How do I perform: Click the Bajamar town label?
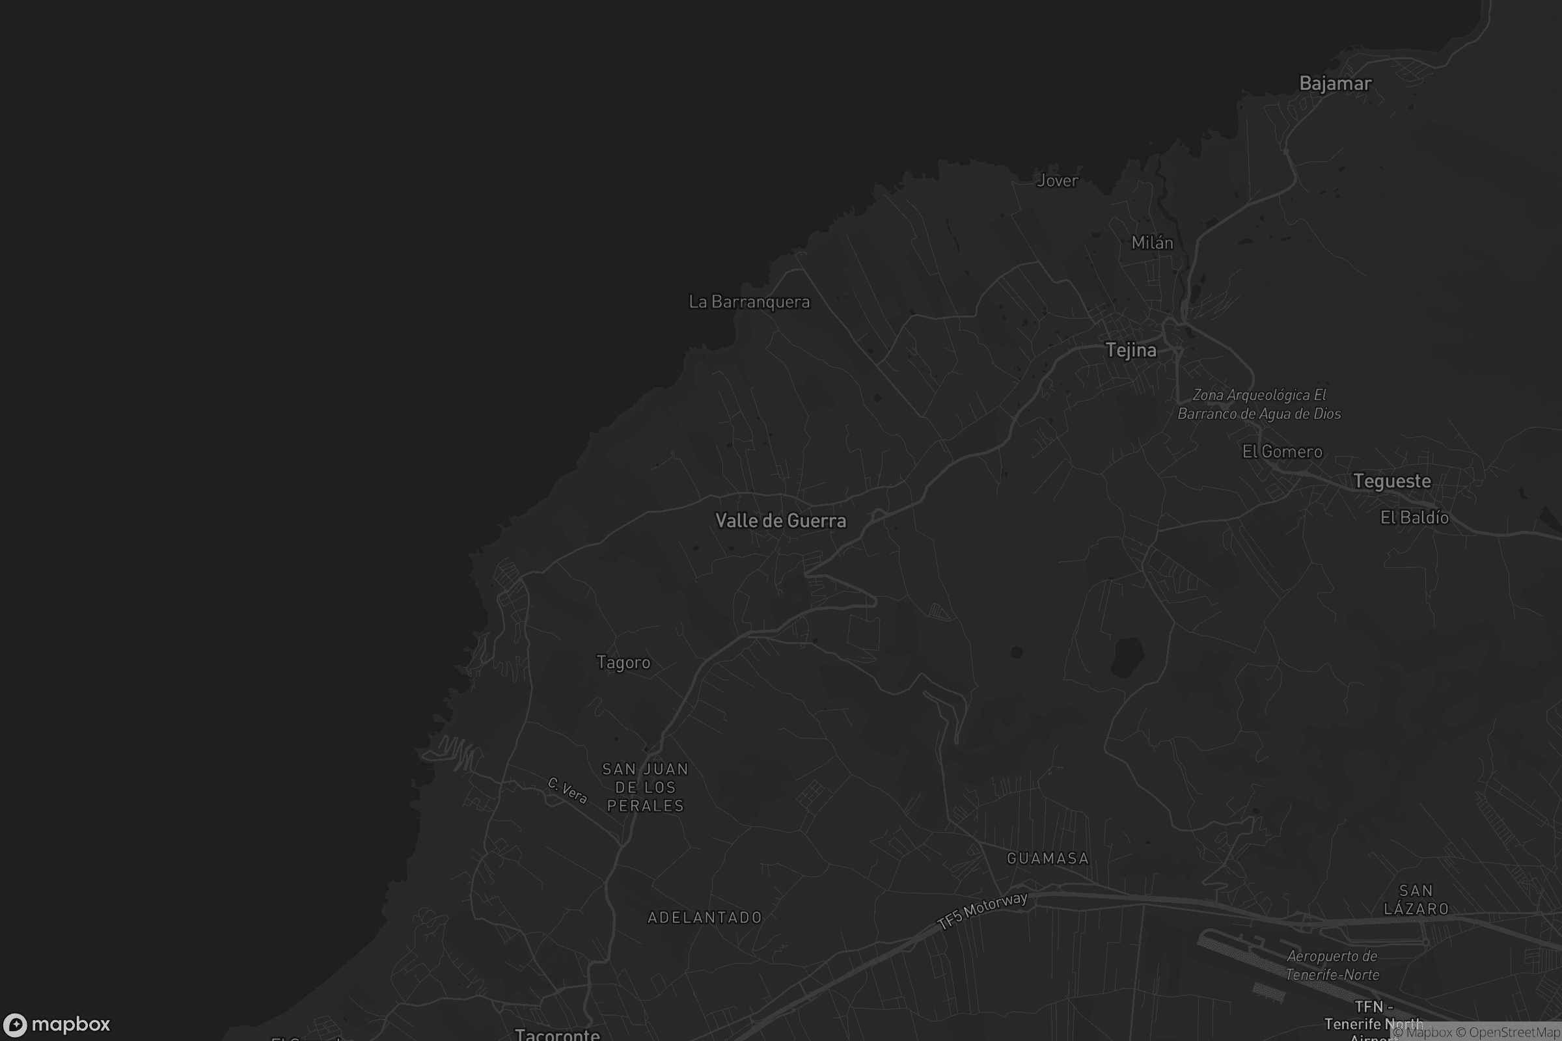tap(1335, 84)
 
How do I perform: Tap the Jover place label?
tap(1057, 181)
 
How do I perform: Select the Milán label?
tap(1152, 243)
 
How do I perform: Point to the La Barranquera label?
tap(749, 302)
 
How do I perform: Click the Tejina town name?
tap(1131, 350)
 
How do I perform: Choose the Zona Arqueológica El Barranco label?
tap(1259, 404)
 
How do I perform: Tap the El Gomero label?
tap(1281, 452)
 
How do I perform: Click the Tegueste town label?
tap(1392, 481)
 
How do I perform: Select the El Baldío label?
tap(1414, 517)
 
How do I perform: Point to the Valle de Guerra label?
tap(780, 520)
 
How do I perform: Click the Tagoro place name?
tap(623, 662)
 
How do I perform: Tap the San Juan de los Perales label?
tap(645, 787)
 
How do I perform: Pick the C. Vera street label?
tap(568, 790)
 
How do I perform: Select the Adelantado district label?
tap(705, 917)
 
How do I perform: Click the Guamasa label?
tap(1047, 858)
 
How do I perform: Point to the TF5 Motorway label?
tap(982, 910)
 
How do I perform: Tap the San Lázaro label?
tap(1416, 900)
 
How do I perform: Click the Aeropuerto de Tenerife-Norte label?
tap(1332, 966)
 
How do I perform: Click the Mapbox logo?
tap(56, 1023)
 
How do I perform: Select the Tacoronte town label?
tap(557, 1034)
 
